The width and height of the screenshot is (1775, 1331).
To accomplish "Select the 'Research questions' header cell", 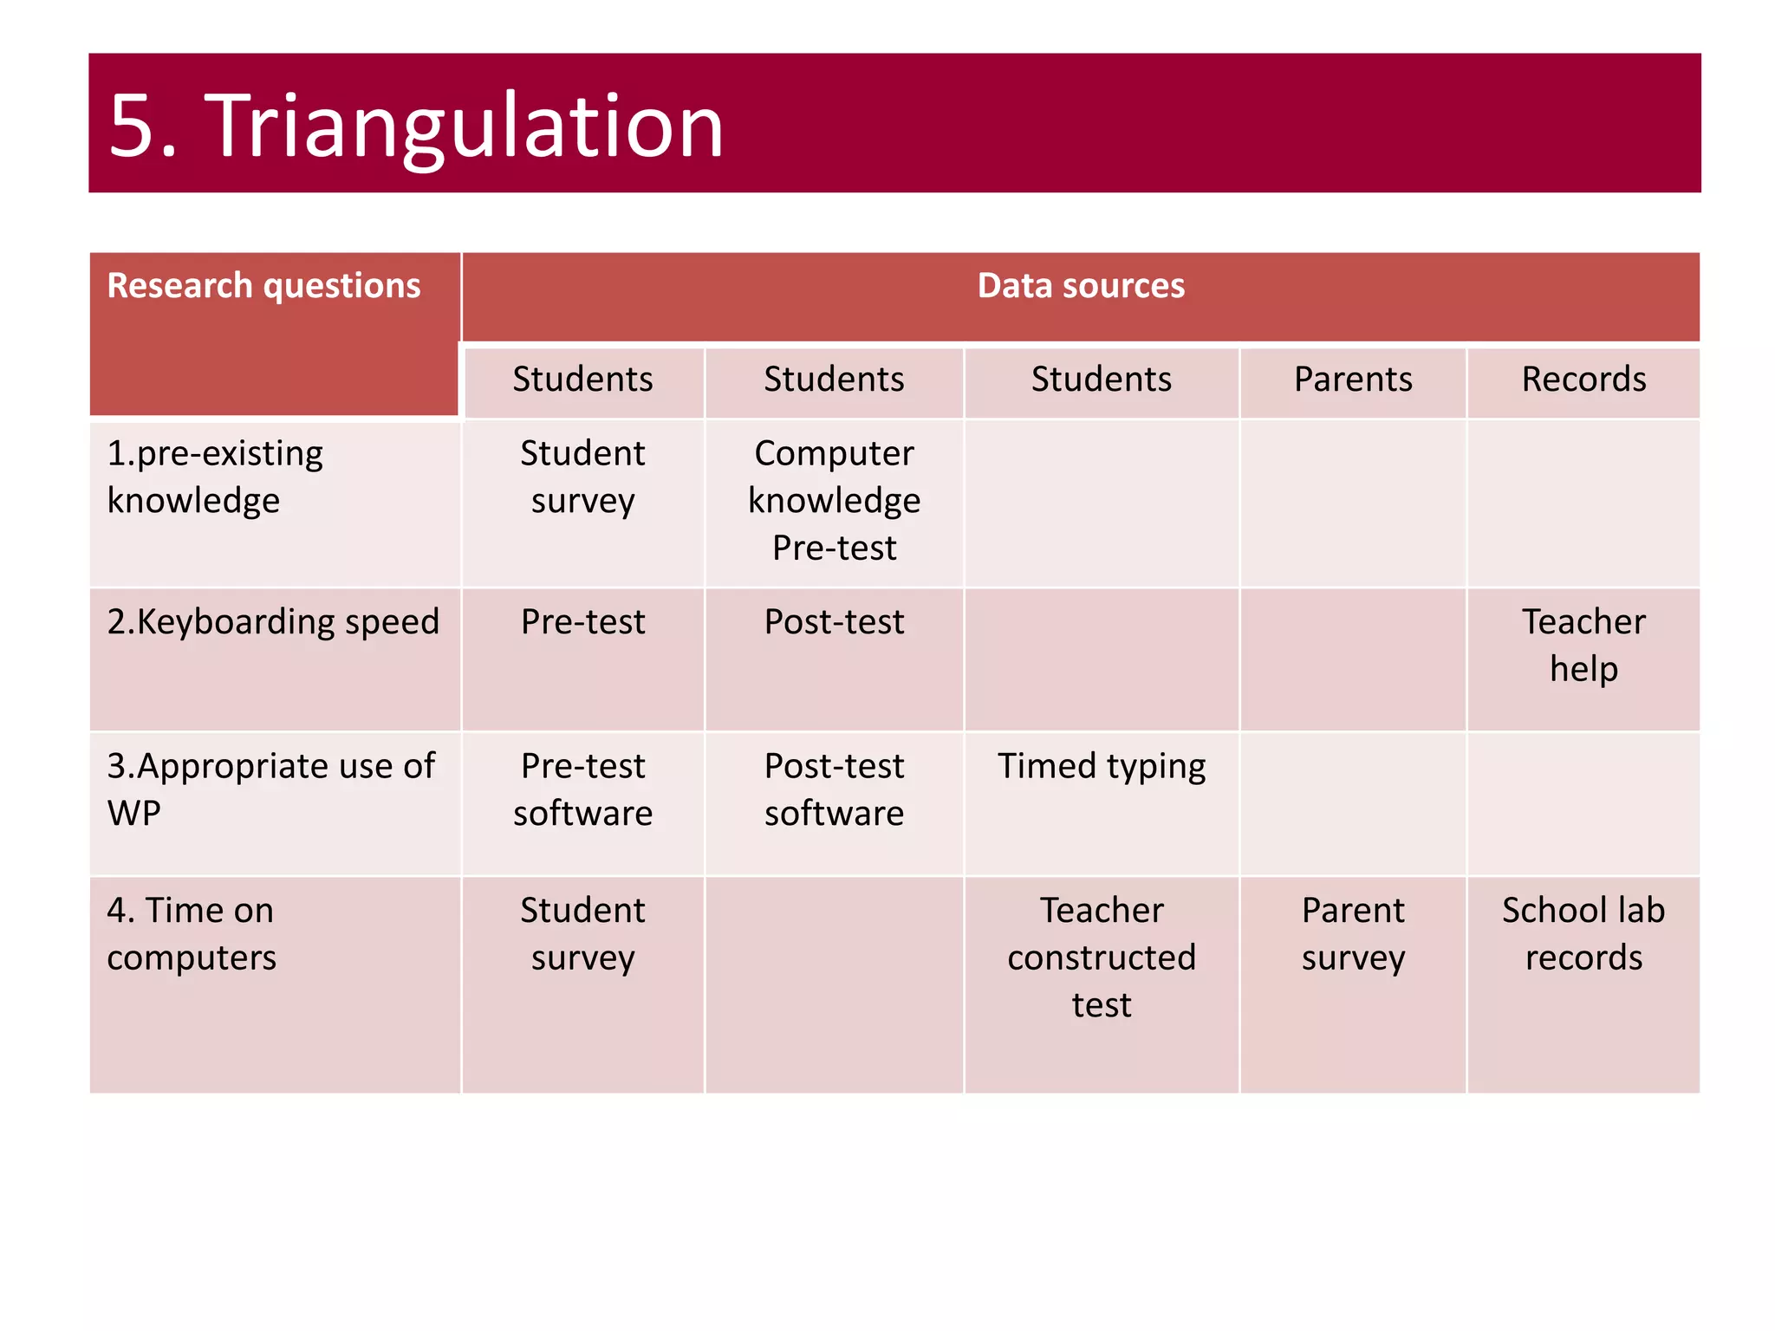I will pyautogui.click(x=263, y=286).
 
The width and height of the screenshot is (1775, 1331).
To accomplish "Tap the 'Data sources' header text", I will pyautogui.click(x=1080, y=286).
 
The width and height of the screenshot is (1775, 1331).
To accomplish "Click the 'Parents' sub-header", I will pyautogui.click(x=1352, y=380).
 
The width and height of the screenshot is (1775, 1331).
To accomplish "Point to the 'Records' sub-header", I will pyautogui.click(x=1583, y=380).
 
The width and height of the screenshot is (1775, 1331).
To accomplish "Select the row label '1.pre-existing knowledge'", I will pyautogui.click(x=215, y=477).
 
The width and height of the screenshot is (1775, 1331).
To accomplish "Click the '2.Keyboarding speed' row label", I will pyautogui.click(x=273, y=622).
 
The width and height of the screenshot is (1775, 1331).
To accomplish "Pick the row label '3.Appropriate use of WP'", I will pyautogui.click(x=270, y=789).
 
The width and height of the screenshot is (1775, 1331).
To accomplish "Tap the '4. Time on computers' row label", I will pyautogui.click(x=191, y=933).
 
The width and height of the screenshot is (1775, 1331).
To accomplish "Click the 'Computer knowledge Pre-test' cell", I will pyautogui.click(x=834, y=501).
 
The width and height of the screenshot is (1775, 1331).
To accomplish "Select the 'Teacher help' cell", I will pyautogui.click(x=1583, y=646).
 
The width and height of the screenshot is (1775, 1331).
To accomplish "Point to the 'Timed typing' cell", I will pyautogui.click(x=1101, y=766).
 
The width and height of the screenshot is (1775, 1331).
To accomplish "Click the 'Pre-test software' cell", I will pyautogui.click(x=582, y=789).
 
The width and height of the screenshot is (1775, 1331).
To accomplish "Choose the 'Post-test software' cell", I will pyautogui.click(x=834, y=789).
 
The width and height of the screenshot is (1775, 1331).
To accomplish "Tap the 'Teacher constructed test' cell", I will pyautogui.click(x=1101, y=957).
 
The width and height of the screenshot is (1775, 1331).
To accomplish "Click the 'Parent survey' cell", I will pyautogui.click(x=1352, y=933).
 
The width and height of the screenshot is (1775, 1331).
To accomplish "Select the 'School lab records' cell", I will pyautogui.click(x=1583, y=933).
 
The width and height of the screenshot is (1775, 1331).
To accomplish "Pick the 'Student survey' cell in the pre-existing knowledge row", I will pyautogui.click(x=582, y=477).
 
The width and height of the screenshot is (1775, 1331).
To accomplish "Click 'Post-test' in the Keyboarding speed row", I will pyautogui.click(x=834, y=622).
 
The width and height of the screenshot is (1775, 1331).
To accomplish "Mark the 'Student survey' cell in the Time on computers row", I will pyautogui.click(x=582, y=933).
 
